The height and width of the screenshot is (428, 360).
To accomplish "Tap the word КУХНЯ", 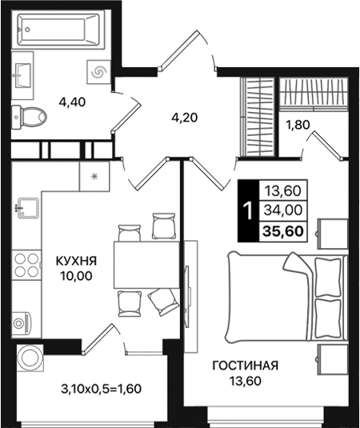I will tap(77, 261).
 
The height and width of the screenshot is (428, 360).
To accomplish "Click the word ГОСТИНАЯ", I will tap(246, 366).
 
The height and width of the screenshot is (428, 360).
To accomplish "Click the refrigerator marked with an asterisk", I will tap(95, 176).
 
